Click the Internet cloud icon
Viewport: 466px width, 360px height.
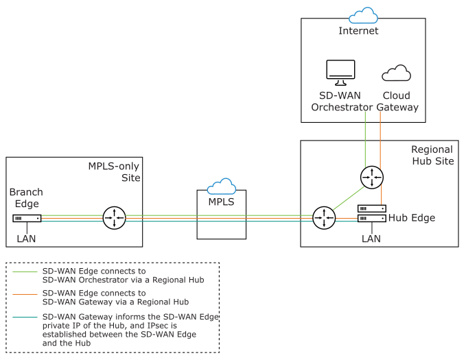(363, 15)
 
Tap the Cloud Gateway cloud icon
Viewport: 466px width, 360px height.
(396, 73)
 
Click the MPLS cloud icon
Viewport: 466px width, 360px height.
(221, 186)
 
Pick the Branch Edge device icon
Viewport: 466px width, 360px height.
(27, 219)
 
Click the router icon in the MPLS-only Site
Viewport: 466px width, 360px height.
(113, 219)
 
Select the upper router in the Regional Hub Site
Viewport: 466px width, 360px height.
(371, 177)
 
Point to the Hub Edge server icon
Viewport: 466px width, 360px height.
(371, 213)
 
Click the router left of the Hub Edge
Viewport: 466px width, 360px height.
(323, 219)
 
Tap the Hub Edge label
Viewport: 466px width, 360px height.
(412, 218)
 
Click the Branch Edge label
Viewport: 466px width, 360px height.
(27, 198)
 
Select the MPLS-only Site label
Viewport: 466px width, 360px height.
(114, 171)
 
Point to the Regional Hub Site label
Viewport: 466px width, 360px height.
(432, 155)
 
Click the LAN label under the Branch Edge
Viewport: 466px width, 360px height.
(27, 239)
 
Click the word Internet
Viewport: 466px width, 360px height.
(358, 31)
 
